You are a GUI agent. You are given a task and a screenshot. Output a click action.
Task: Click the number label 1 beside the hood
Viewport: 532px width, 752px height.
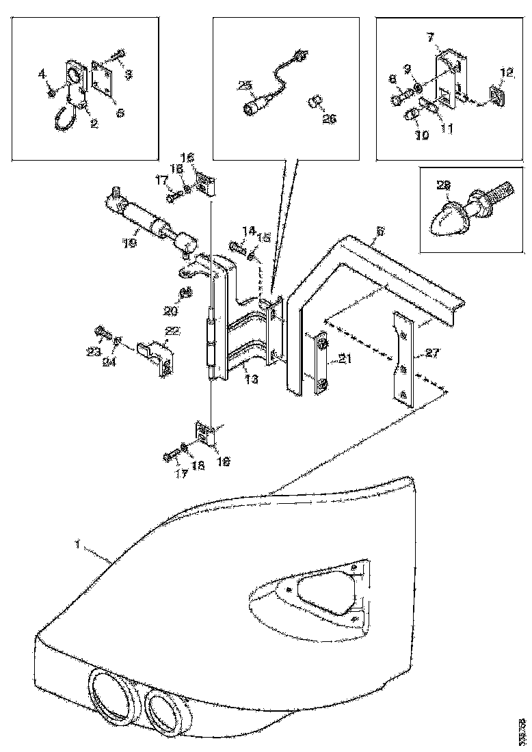coord(79,545)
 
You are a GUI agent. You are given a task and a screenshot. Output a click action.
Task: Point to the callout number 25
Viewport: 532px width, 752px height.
coord(245,85)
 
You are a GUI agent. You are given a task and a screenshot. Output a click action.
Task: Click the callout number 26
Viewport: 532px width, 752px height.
coord(330,118)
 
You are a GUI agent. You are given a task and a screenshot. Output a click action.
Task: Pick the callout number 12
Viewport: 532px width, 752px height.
coord(505,71)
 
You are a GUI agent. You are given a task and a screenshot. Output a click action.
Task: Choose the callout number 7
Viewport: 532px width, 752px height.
coord(431,36)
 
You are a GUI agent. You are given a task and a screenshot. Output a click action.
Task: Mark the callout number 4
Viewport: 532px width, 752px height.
coord(41,72)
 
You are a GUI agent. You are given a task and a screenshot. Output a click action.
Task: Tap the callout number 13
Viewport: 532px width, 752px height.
coord(252,378)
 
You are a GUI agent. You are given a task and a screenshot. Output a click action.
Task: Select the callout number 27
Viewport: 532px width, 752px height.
coord(431,353)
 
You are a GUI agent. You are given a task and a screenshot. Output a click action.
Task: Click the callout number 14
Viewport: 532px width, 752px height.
coord(248,230)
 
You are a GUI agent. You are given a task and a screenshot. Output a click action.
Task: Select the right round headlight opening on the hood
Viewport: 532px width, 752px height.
coord(164,712)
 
